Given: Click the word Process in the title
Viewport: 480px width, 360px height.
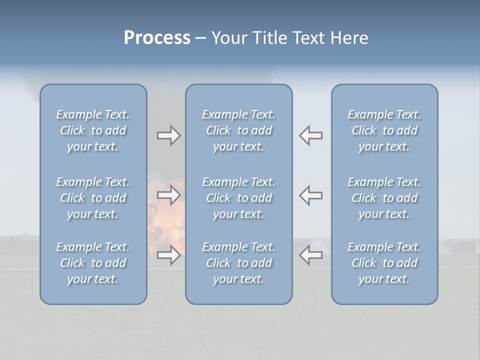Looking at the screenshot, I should [x=157, y=38].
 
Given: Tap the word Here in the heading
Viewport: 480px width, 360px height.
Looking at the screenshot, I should [x=349, y=38].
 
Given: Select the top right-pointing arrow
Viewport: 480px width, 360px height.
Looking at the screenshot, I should [x=168, y=135].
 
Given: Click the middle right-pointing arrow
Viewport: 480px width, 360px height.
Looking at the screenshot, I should [x=168, y=195].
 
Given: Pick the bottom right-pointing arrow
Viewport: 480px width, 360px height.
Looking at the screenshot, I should [x=168, y=255].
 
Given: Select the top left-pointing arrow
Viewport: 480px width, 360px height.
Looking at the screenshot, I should [x=311, y=135].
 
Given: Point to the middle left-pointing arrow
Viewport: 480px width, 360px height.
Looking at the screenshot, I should [x=311, y=195].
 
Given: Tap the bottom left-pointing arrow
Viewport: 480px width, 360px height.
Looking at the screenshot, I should [x=311, y=255].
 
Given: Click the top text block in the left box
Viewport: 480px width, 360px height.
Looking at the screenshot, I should [x=93, y=130].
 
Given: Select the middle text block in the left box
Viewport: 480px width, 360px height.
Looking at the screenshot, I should [x=93, y=198].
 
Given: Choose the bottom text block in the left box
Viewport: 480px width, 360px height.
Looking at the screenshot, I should [x=93, y=263].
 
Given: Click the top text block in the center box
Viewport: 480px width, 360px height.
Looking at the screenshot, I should [x=239, y=130].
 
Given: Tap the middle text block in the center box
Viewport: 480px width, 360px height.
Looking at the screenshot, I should [x=239, y=198].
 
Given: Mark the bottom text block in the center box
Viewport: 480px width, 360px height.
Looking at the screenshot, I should [x=239, y=263].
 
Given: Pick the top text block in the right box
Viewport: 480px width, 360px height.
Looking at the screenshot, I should [x=384, y=130].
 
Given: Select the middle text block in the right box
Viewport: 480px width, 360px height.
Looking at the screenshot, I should [x=384, y=198].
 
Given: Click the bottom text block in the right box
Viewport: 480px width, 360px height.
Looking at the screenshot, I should [x=384, y=263].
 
